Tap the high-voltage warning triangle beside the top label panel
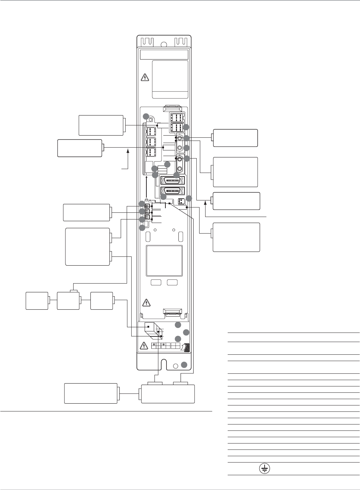coord(144,77)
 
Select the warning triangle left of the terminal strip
coord(144,346)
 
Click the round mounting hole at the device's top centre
coord(164,44)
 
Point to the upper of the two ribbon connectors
coord(172,181)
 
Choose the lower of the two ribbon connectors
coord(172,192)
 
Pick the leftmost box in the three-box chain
coord(37,300)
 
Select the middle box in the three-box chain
coord(68,300)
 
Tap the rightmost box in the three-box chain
coord(102,300)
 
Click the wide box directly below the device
coord(168,393)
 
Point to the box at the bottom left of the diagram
coord(90,393)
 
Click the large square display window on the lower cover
coord(164,260)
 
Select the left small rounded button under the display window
coord(156,282)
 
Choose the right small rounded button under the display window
coord(172,282)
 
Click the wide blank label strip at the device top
coord(164,55)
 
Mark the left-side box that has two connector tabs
coord(88,246)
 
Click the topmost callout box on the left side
coord(101,125)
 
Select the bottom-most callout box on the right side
coord(236,237)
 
